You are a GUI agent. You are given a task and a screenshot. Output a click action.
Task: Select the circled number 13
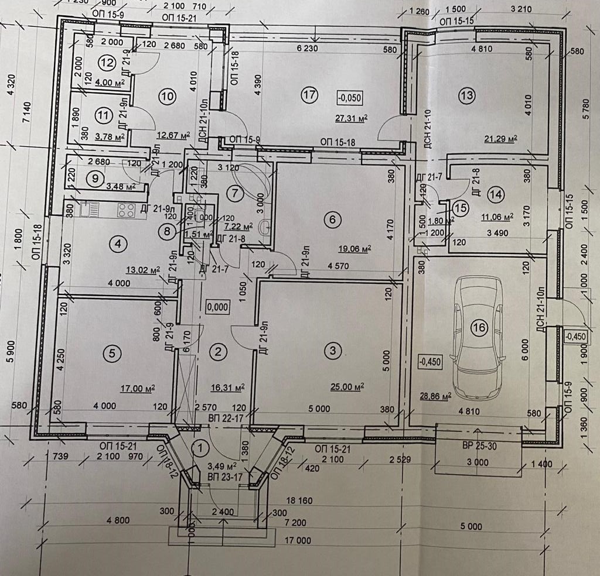[x=466, y=94]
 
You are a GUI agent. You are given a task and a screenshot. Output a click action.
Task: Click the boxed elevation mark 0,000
[x=217, y=306]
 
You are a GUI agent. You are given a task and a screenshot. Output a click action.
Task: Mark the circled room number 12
[x=105, y=62]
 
